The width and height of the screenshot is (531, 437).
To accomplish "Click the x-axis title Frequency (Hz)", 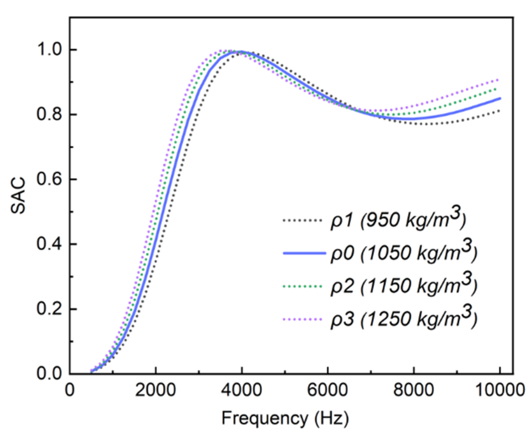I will tap(285, 418).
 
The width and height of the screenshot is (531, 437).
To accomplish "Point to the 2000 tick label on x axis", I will tap(155, 390).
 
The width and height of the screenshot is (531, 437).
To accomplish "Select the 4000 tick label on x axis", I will tap(241, 390).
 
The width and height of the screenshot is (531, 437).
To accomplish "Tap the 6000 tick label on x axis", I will tap(328, 390).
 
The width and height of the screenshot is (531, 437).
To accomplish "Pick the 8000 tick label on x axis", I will tap(414, 390).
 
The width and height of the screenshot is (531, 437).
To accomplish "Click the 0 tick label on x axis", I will tap(70, 390).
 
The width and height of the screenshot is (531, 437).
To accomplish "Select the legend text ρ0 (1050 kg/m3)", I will tap(404, 252).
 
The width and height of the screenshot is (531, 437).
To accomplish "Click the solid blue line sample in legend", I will tap(304, 253).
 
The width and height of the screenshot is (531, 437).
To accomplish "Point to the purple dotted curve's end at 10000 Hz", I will tap(499, 80).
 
